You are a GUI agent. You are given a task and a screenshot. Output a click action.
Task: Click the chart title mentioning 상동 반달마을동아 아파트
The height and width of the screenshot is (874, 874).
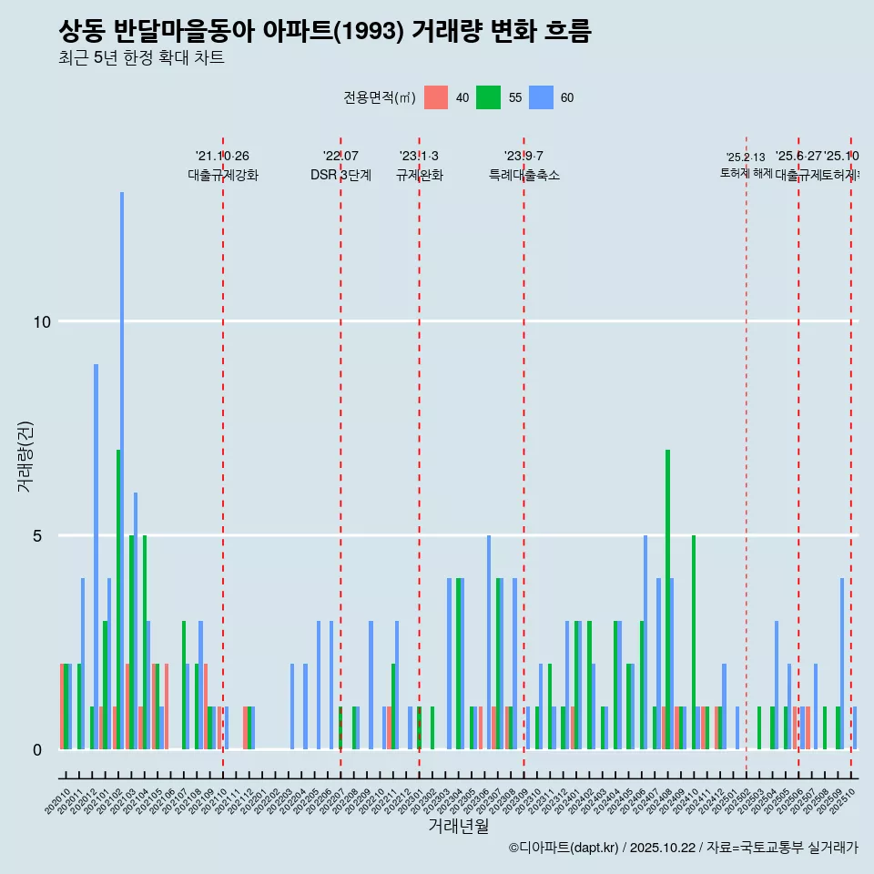click(x=324, y=32)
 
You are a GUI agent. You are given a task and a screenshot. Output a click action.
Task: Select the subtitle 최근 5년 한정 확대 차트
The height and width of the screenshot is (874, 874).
click(x=141, y=58)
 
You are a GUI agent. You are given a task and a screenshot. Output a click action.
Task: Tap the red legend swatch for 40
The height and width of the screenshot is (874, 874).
click(x=436, y=97)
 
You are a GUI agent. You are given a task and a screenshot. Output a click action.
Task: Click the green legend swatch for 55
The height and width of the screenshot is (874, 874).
click(x=489, y=97)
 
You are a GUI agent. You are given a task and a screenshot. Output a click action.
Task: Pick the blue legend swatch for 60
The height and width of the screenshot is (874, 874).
click(x=542, y=97)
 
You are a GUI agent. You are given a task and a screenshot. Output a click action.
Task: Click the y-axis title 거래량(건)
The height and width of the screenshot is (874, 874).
click(x=25, y=456)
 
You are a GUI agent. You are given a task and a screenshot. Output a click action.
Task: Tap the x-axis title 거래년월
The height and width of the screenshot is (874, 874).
click(x=458, y=827)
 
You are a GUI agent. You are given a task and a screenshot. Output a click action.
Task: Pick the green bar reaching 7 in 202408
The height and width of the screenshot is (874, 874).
click(x=667, y=599)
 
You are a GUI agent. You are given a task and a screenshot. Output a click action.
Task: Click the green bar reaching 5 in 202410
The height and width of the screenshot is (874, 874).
click(x=694, y=642)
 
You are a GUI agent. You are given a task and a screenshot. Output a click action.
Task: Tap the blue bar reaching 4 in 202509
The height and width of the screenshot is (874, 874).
click(x=842, y=663)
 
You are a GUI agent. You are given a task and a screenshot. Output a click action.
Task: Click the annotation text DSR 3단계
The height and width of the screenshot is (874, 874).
click(x=340, y=176)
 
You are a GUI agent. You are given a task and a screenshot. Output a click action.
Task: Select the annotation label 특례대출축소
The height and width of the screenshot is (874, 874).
click(x=523, y=176)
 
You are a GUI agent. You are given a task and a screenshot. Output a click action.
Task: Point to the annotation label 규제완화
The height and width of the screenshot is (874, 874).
click(x=419, y=176)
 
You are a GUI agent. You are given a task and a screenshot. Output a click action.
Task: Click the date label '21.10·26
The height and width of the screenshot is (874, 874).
click(x=222, y=157)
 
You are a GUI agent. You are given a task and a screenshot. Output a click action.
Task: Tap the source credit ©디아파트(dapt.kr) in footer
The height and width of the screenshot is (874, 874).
click(x=564, y=848)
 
